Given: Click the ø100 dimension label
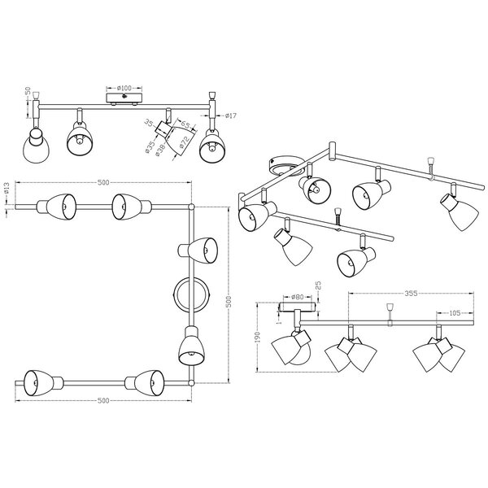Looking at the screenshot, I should pos(124,86).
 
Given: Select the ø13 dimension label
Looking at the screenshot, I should pos(7,191).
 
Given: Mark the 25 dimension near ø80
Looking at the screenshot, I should pos(318,287).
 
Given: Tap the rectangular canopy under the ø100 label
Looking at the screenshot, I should pos(124,97).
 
